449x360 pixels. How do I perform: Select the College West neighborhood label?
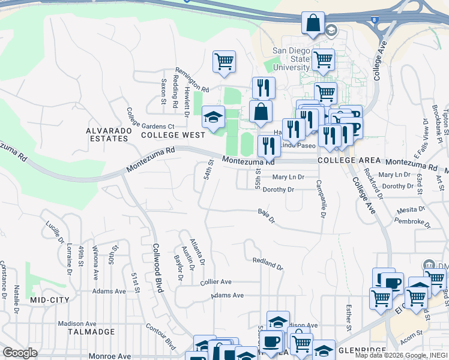tap(173, 135)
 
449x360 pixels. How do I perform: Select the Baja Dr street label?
tap(266, 215)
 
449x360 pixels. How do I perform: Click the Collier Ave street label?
tap(216, 281)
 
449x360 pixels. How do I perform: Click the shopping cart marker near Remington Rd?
tap(224, 62)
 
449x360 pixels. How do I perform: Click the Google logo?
tap(20, 353)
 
